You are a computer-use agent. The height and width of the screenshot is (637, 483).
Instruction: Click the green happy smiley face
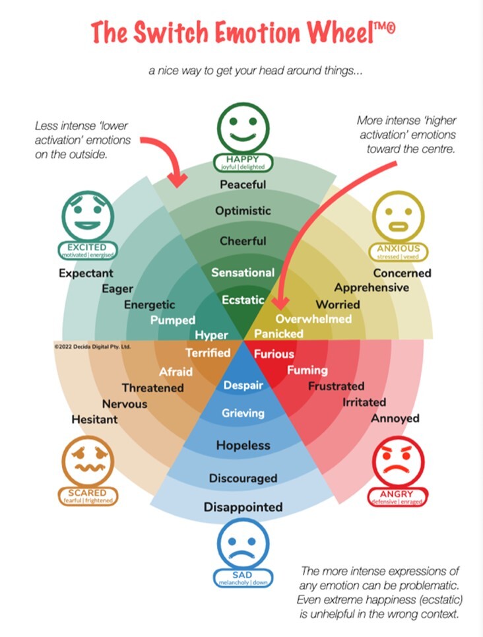click(x=243, y=128)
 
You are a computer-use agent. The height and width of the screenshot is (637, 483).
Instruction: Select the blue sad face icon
click(x=242, y=545)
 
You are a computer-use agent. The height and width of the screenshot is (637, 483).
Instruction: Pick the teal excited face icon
click(x=87, y=218)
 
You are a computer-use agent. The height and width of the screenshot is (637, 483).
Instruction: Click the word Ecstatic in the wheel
click(x=243, y=300)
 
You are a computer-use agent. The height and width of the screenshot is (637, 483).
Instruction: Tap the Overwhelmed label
click(x=313, y=319)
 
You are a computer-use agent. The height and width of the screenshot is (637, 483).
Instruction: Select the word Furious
click(x=274, y=354)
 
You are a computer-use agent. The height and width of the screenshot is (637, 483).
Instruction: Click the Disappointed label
click(x=243, y=507)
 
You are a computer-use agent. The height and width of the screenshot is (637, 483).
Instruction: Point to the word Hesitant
click(x=94, y=419)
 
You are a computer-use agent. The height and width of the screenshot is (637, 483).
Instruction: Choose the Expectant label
click(x=86, y=273)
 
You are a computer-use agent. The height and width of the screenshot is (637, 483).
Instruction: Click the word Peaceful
click(x=243, y=184)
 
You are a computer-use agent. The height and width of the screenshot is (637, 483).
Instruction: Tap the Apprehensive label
click(x=371, y=288)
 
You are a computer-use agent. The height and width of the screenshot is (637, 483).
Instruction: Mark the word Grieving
click(x=243, y=413)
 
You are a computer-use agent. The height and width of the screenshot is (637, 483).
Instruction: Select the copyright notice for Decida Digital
click(x=92, y=345)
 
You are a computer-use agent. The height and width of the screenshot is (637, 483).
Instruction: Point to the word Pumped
click(x=172, y=321)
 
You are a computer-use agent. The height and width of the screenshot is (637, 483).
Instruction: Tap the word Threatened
click(x=152, y=387)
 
